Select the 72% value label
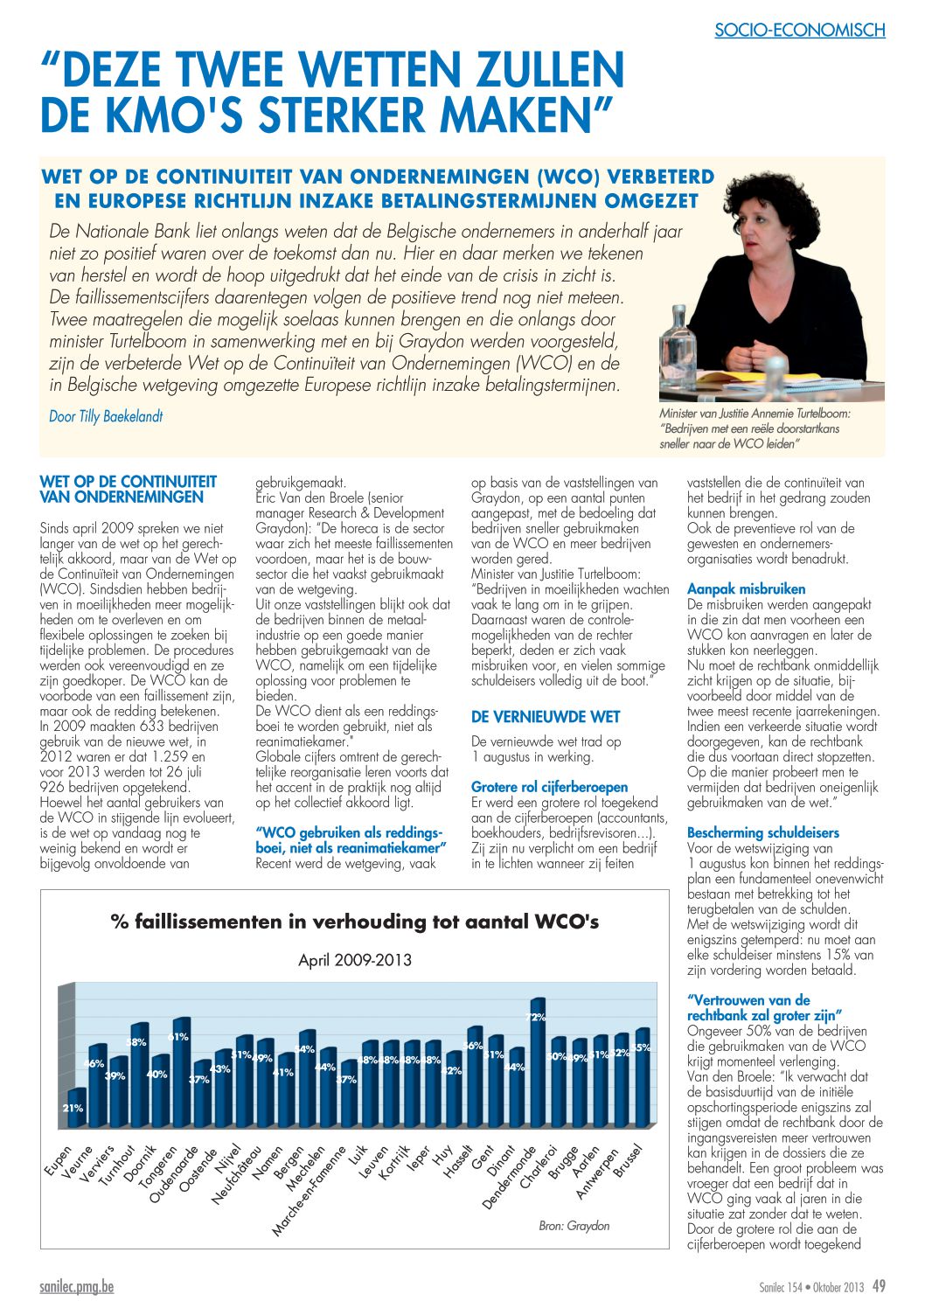click(536, 1017)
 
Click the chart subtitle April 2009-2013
click(354, 960)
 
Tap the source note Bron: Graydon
click(574, 1226)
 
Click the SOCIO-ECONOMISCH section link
click(799, 30)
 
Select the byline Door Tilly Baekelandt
click(106, 416)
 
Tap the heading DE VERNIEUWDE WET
click(545, 717)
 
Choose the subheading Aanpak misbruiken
click(746, 588)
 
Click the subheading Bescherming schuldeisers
click(762, 832)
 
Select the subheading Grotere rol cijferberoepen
click(549, 787)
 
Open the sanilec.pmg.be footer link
click(76, 1286)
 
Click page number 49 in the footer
click(879, 1286)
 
